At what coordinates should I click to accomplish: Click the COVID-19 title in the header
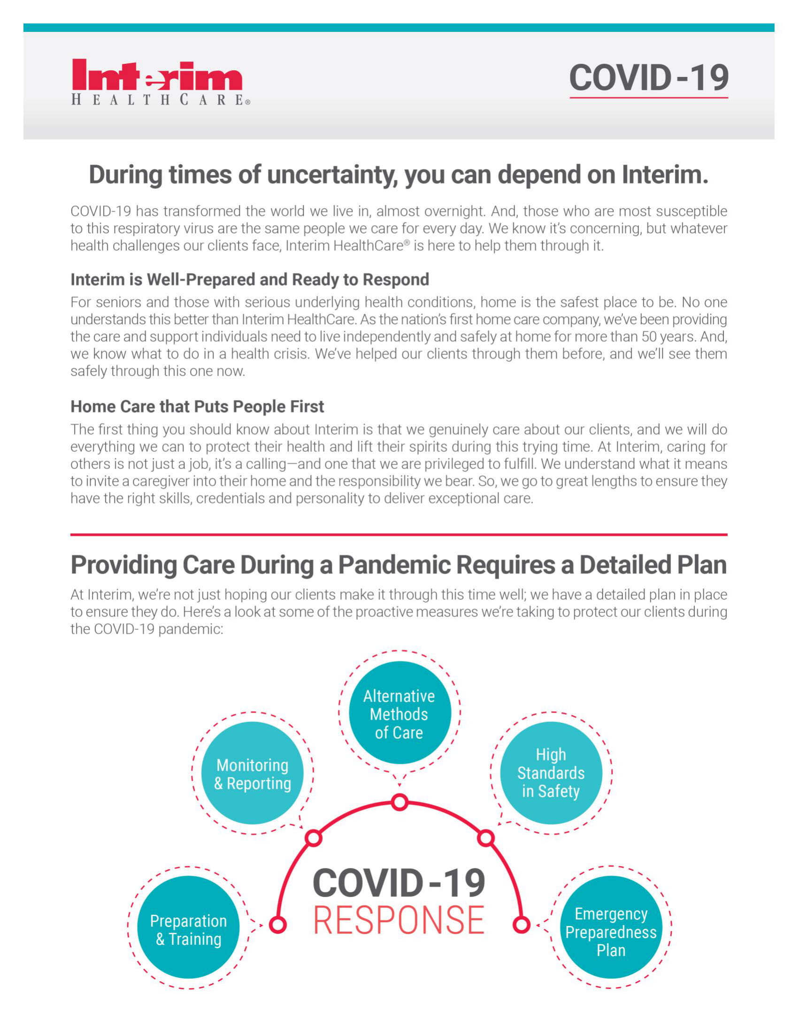pos(648,77)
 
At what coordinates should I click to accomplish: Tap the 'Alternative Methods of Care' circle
pos(399,714)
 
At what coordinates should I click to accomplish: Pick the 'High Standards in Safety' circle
pos(551,773)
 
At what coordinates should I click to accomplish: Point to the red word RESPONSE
pos(399,920)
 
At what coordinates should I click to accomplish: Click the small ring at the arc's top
pos(399,802)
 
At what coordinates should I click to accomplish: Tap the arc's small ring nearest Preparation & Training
pos(278,925)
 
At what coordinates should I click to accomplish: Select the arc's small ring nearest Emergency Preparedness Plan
pos(521,925)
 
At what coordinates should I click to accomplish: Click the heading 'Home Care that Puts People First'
pos(197,406)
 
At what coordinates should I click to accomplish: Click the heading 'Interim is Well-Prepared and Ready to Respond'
pos(250,279)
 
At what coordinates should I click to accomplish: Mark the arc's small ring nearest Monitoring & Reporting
pos(314,838)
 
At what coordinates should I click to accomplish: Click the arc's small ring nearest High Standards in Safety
pos(485,838)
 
